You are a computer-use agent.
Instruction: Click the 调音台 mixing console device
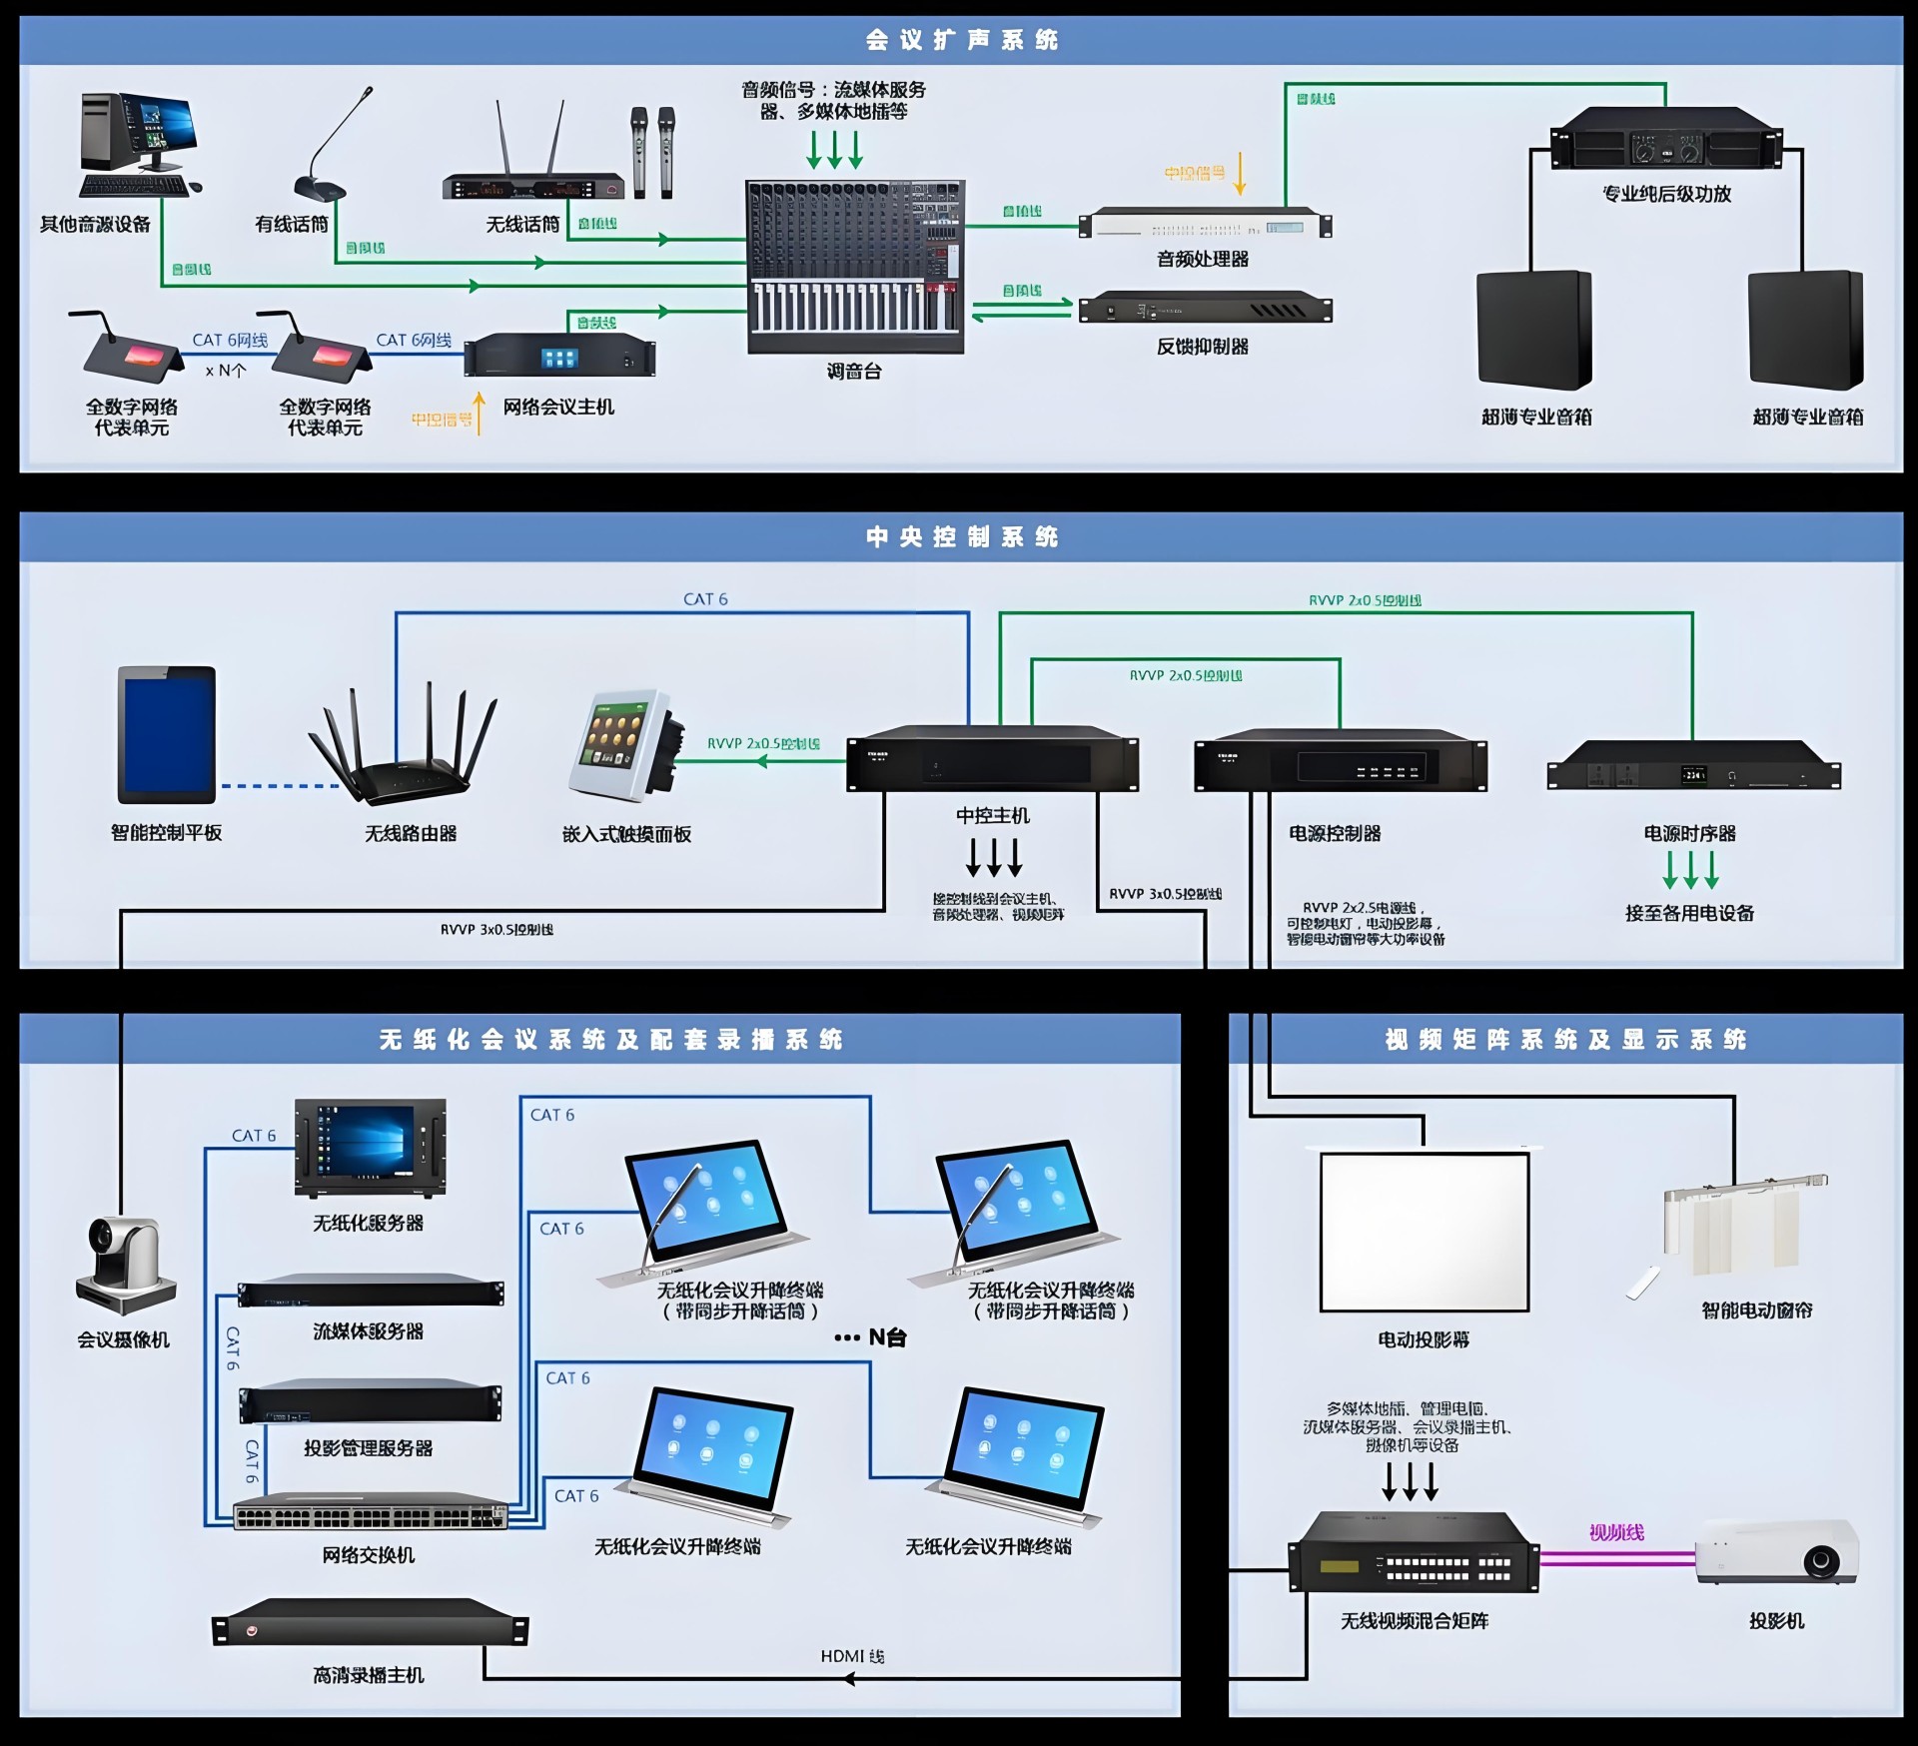(855, 267)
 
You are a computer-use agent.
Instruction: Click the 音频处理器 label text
(1203, 260)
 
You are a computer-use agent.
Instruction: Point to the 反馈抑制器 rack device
(1205, 308)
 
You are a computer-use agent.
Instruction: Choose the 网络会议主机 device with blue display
(559, 357)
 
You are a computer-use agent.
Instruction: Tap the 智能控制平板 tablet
(167, 734)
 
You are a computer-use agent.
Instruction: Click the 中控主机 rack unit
(992, 763)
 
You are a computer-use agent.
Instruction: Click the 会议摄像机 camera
(126, 1264)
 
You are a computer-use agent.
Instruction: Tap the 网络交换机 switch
(370, 1516)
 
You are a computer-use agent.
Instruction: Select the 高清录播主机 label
(369, 1675)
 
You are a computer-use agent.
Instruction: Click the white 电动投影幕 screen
(1425, 1231)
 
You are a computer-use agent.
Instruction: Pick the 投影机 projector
(1776, 1553)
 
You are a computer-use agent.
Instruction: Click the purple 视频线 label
(1615, 1532)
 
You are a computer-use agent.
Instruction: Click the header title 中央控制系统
(961, 537)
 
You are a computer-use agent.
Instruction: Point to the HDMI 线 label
(852, 1656)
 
